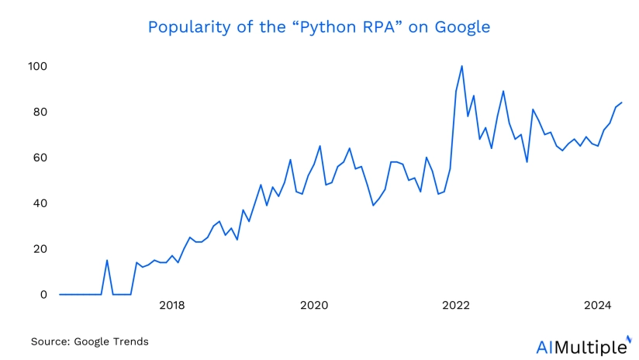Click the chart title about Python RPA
click(319, 27)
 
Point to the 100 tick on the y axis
click(37, 67)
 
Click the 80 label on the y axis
click(40, 112)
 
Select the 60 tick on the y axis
click(40, 158)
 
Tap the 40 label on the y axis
click(40, 203)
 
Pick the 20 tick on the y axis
click(40, 249)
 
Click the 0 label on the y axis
click(43, 295)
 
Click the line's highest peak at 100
click(462, 66)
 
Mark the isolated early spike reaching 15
click(107, 260)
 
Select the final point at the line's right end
click(622, 102)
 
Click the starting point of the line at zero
click(60, 294)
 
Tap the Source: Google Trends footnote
click(89, 341)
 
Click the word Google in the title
click(464, 27)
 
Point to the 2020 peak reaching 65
click(319, 146)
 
